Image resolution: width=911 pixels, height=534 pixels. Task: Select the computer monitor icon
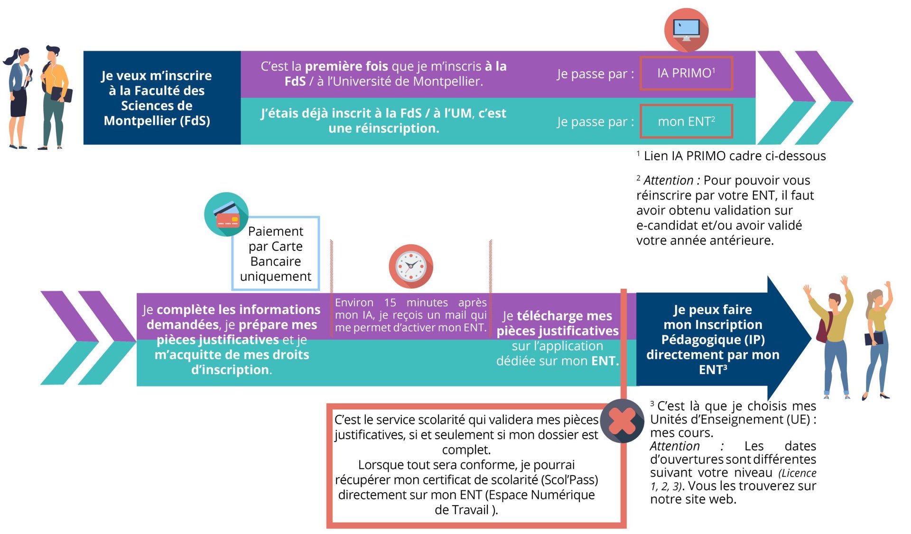click(x=686, y=30)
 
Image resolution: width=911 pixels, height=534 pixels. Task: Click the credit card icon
click(x=226, y=214)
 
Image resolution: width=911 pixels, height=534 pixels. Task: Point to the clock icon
click(x=411, y=266)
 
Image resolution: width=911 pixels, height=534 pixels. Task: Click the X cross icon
click(x=622, y=421)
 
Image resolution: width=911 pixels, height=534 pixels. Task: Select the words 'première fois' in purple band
click(x=346, y=66)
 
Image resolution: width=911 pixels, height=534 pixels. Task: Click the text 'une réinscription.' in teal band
click(x=384, y=128)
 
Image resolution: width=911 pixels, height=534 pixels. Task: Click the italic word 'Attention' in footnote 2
click(x=669, y=180)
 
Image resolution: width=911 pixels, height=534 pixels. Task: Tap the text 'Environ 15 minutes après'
click(x=411, y=303)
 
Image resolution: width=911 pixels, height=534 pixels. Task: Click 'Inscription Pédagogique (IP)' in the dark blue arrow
click(x=713, y=332)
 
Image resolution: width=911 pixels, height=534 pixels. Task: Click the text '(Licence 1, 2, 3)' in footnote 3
click(x=734, y=479)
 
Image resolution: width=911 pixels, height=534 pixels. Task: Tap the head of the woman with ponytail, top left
click(x=21, y=56)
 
